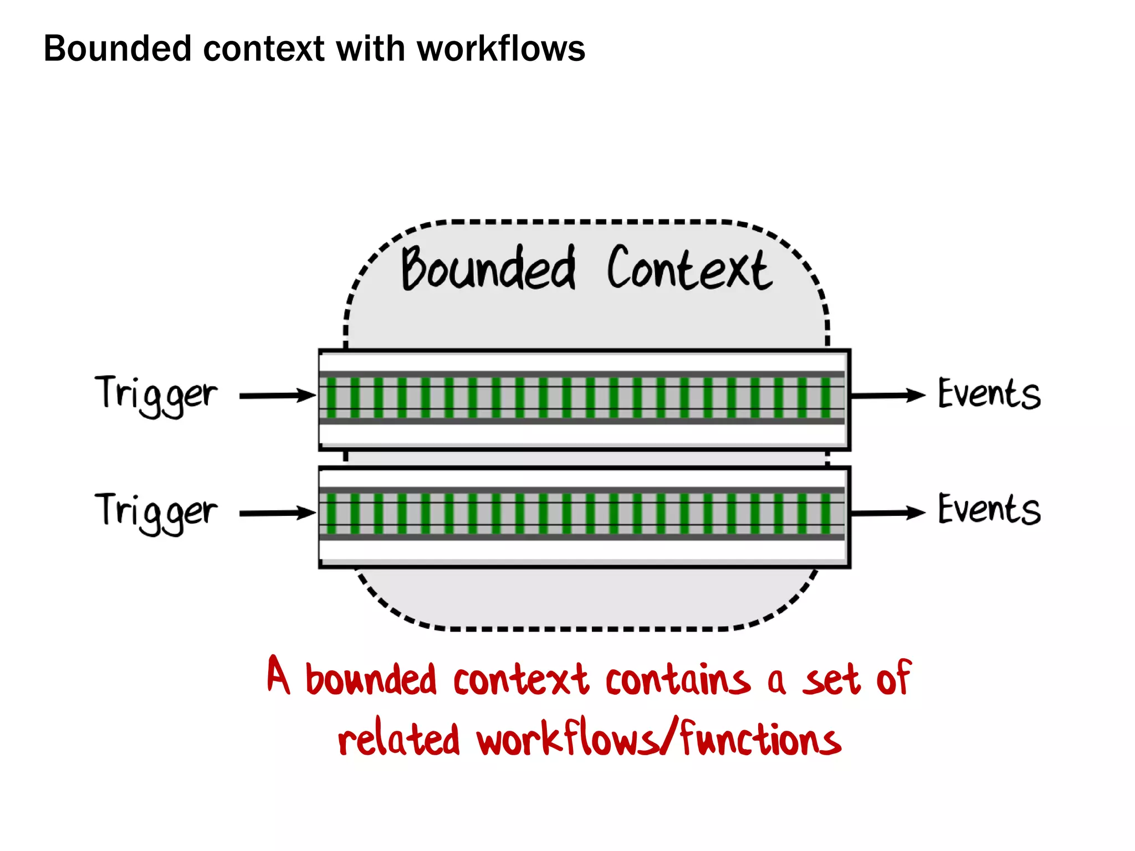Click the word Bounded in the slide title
click(x=117, y=49)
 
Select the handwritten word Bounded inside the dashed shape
click(x=488, y=269)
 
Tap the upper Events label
click(x=989, y=394)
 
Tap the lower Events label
click(x=989, y=510)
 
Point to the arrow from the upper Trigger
click(x=277, y=396)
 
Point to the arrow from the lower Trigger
click(x=277, y=513)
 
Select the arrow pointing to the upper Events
click(x=887, y=396)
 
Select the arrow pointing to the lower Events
click(x=887, y=513)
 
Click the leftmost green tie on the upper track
click(x=331, y=397)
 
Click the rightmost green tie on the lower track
click(x=825, y=514)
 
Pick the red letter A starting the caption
click(x=278, y=675)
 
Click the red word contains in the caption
click(x=677, y=680)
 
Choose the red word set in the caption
click(x=831, y=680)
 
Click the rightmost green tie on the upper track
click(x=825, y=397)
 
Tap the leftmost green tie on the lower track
click(x=331, y=514)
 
